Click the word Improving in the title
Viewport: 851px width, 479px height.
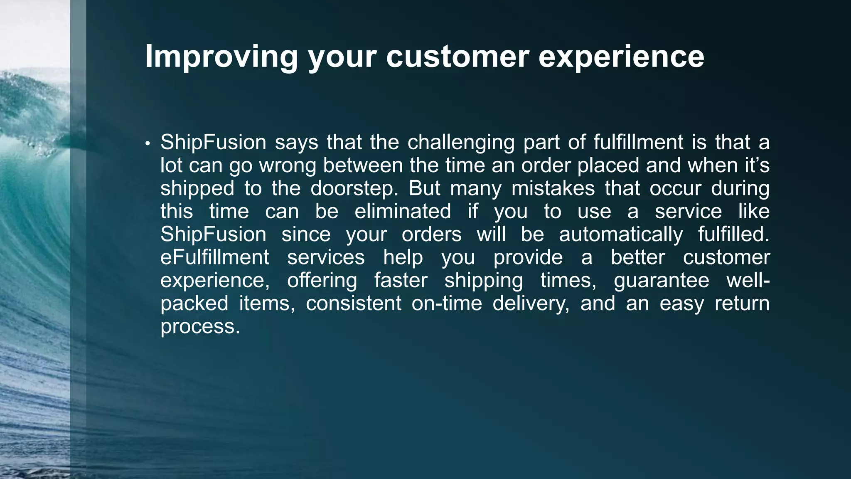point(221,57)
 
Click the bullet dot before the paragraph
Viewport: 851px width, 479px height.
point(148,144)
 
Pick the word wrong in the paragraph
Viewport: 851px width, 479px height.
point(290,165)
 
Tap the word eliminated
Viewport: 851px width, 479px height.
point(403,211)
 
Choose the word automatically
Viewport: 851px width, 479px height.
point(621,235)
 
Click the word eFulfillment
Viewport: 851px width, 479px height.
point(215,257)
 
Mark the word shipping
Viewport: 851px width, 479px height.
point(484,280)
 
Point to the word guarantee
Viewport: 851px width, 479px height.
point(662,280)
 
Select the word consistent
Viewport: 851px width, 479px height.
point(354,303)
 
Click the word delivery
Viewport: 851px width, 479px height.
point(531,303)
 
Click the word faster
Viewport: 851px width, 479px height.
point(401,280)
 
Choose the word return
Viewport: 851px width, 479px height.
point(742,303)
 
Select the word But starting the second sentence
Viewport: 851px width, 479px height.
point(424,188)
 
